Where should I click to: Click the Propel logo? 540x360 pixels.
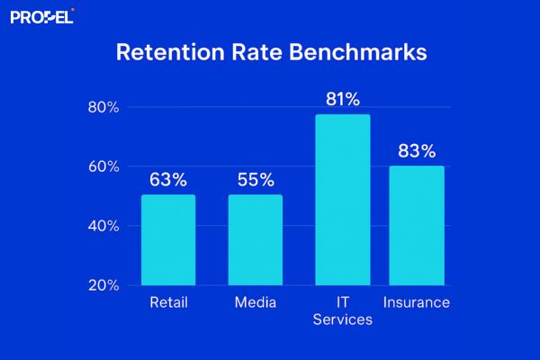tap(41, 15)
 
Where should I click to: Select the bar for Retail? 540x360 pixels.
tap(168, 239)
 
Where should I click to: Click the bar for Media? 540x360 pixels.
tap(255, 239)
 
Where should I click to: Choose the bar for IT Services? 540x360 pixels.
tap(343, 200)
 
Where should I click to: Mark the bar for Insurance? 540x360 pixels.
tap(417, 225)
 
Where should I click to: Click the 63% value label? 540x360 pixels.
tap(168, 180)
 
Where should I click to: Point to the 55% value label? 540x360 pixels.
tap(255, 180)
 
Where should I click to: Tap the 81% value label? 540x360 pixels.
tap(343, 99)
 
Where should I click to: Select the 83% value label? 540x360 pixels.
tap(417, 150)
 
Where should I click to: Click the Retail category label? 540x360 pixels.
tap(168, 302)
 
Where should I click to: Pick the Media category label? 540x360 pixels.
tap(255, 302)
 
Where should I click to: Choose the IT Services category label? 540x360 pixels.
tap(343, 311)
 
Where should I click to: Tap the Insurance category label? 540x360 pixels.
tap(417, 302)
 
